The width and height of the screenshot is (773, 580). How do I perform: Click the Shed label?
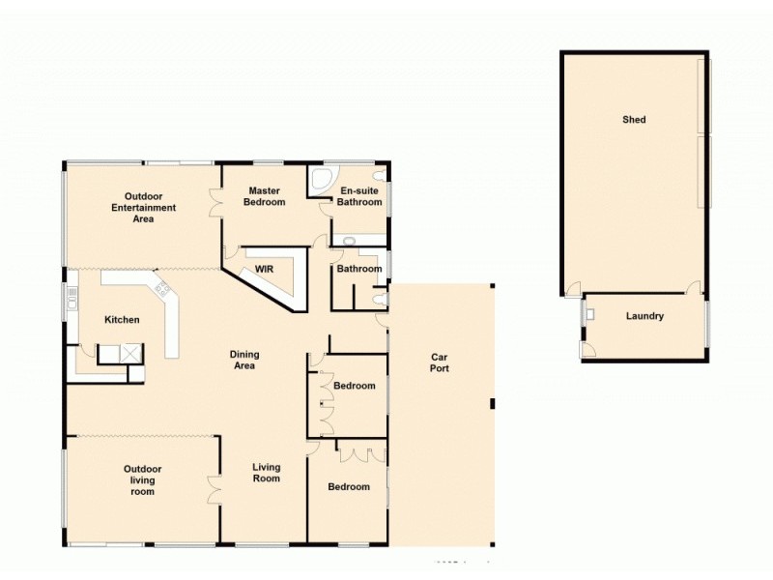(634, 120)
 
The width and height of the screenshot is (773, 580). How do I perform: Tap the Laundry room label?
(644, 316)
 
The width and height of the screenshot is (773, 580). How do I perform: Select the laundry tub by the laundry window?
(590, 313)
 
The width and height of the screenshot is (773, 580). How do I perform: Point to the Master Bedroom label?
(265, 196)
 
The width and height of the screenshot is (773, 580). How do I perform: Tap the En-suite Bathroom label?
(359, 196)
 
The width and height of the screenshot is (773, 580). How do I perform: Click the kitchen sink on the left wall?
(72, 299)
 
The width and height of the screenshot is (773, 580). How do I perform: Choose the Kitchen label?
(123, 320)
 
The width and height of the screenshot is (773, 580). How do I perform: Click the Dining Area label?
(244, 360)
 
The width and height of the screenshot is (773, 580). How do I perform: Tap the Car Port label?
(440, 362)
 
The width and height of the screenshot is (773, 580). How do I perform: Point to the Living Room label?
(267, 473)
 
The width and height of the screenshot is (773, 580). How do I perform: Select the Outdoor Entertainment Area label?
(144, 207)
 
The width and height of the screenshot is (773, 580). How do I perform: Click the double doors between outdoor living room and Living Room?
(214, 490)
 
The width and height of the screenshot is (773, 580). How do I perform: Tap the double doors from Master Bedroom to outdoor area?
(216, 200)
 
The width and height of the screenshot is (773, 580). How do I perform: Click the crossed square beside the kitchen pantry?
(130, 353)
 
